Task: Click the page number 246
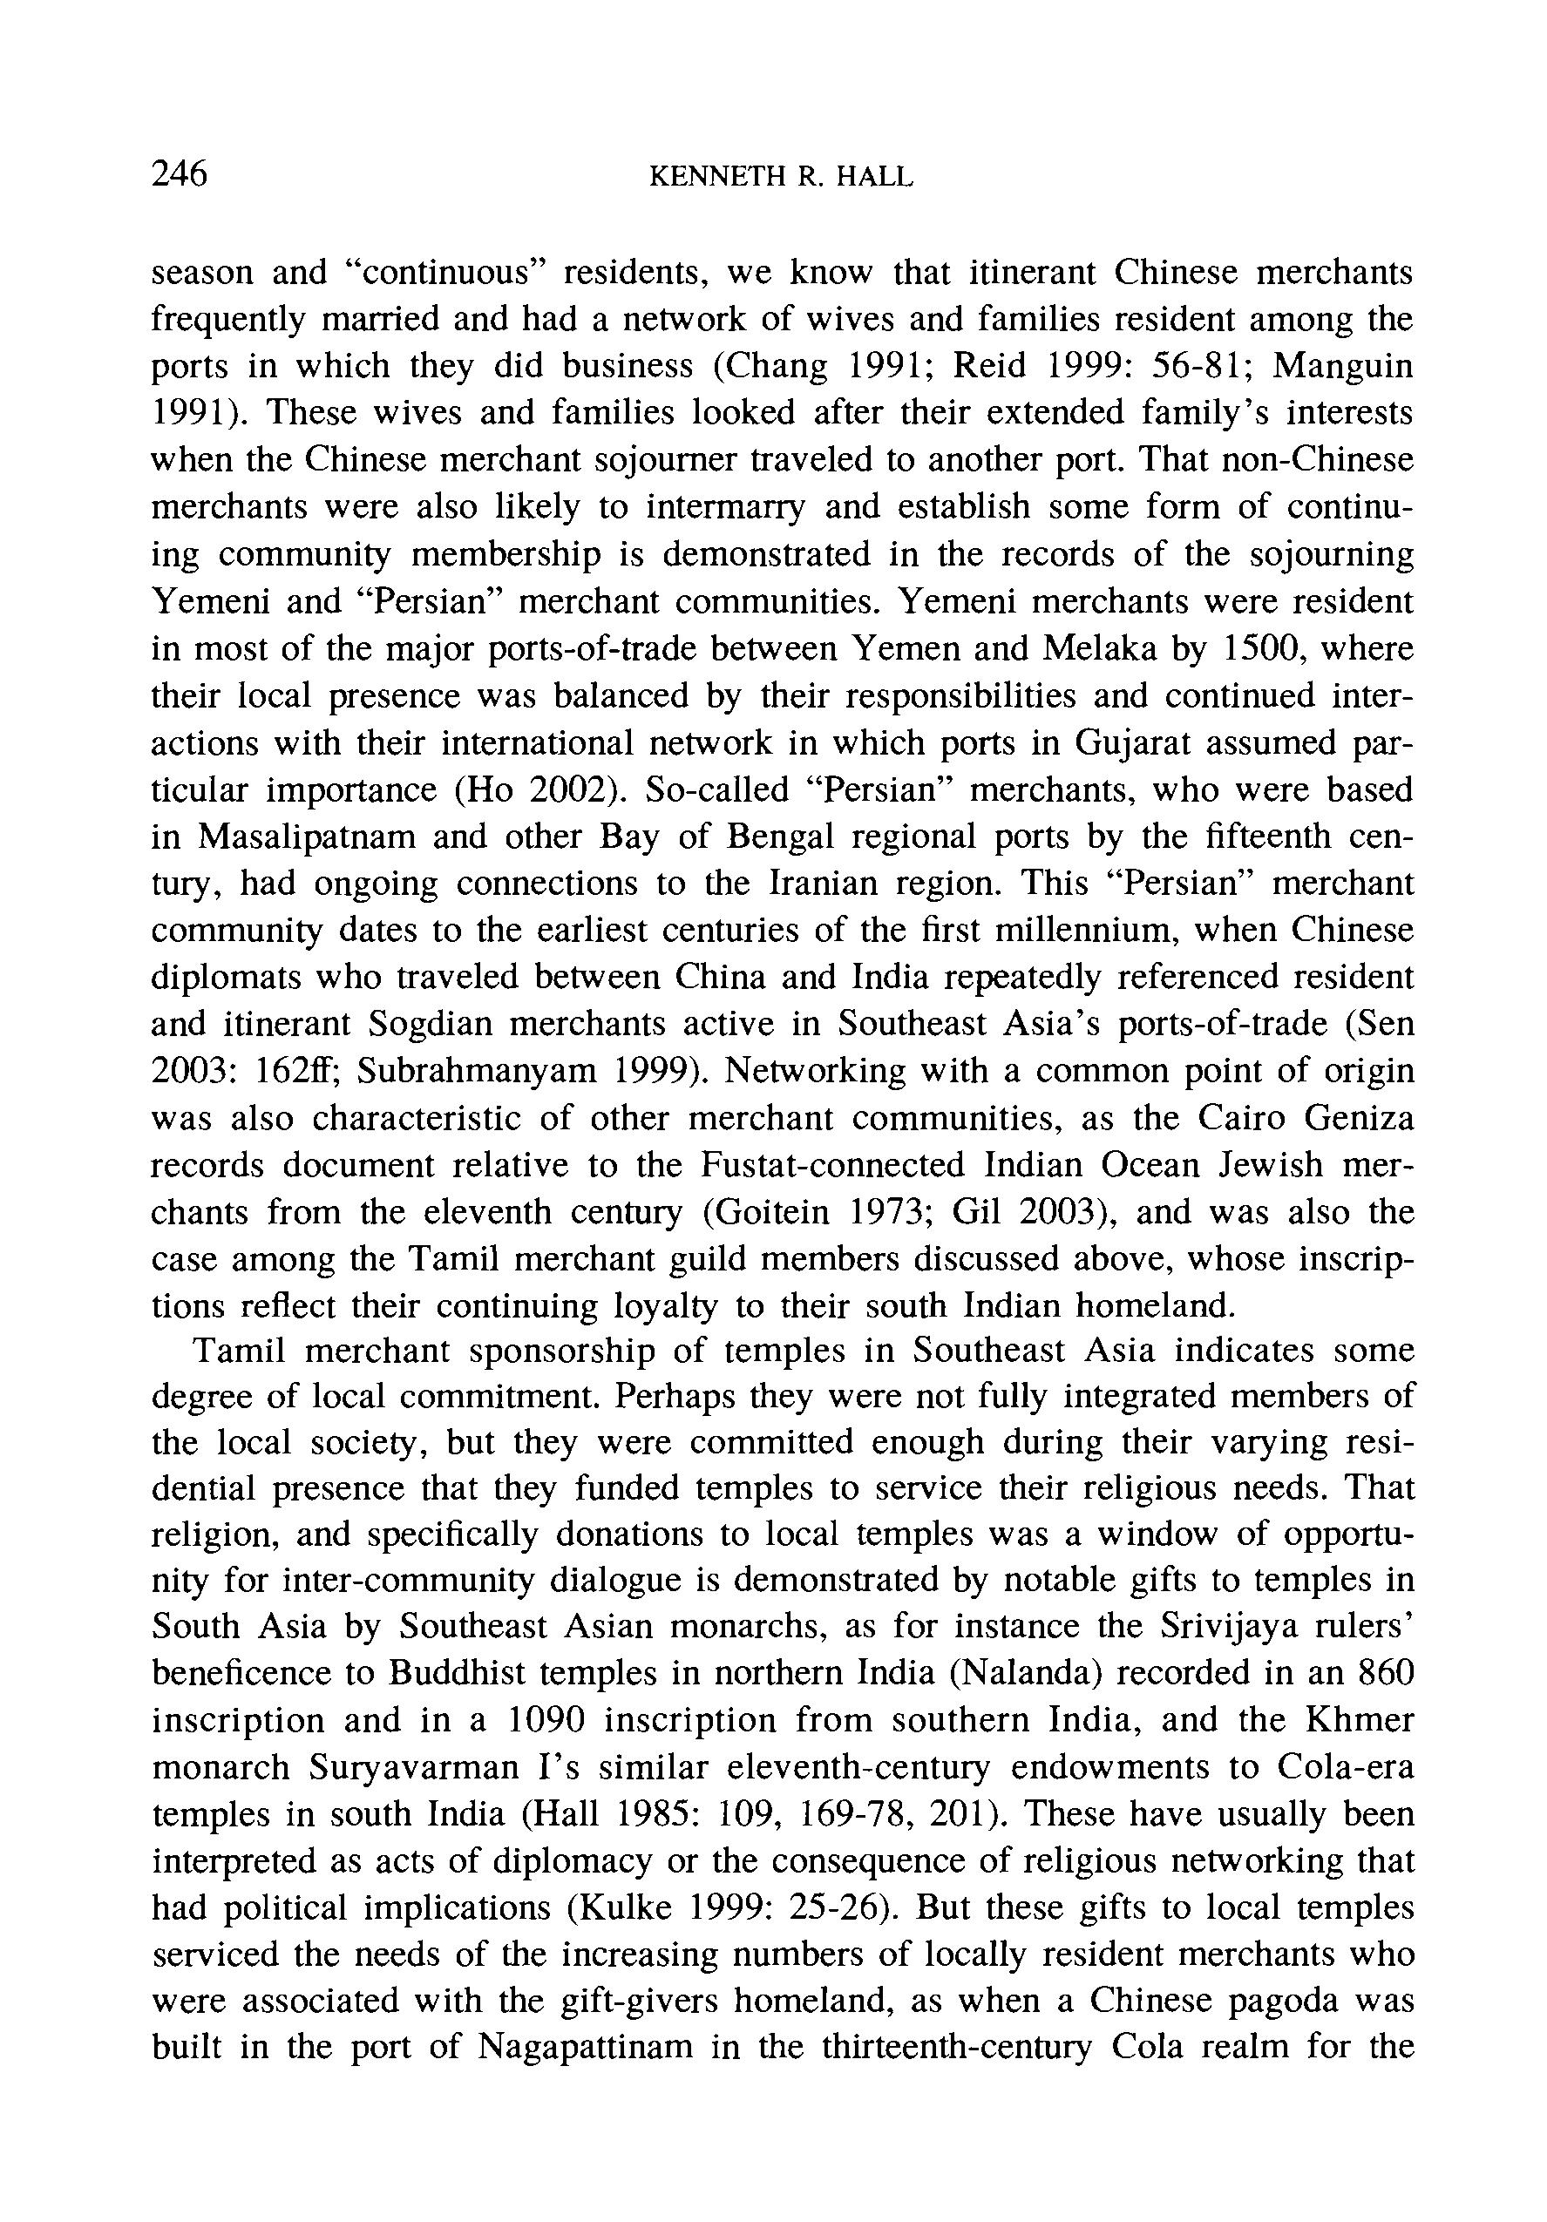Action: pos(180,174)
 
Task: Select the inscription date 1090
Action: pos(547,1720)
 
